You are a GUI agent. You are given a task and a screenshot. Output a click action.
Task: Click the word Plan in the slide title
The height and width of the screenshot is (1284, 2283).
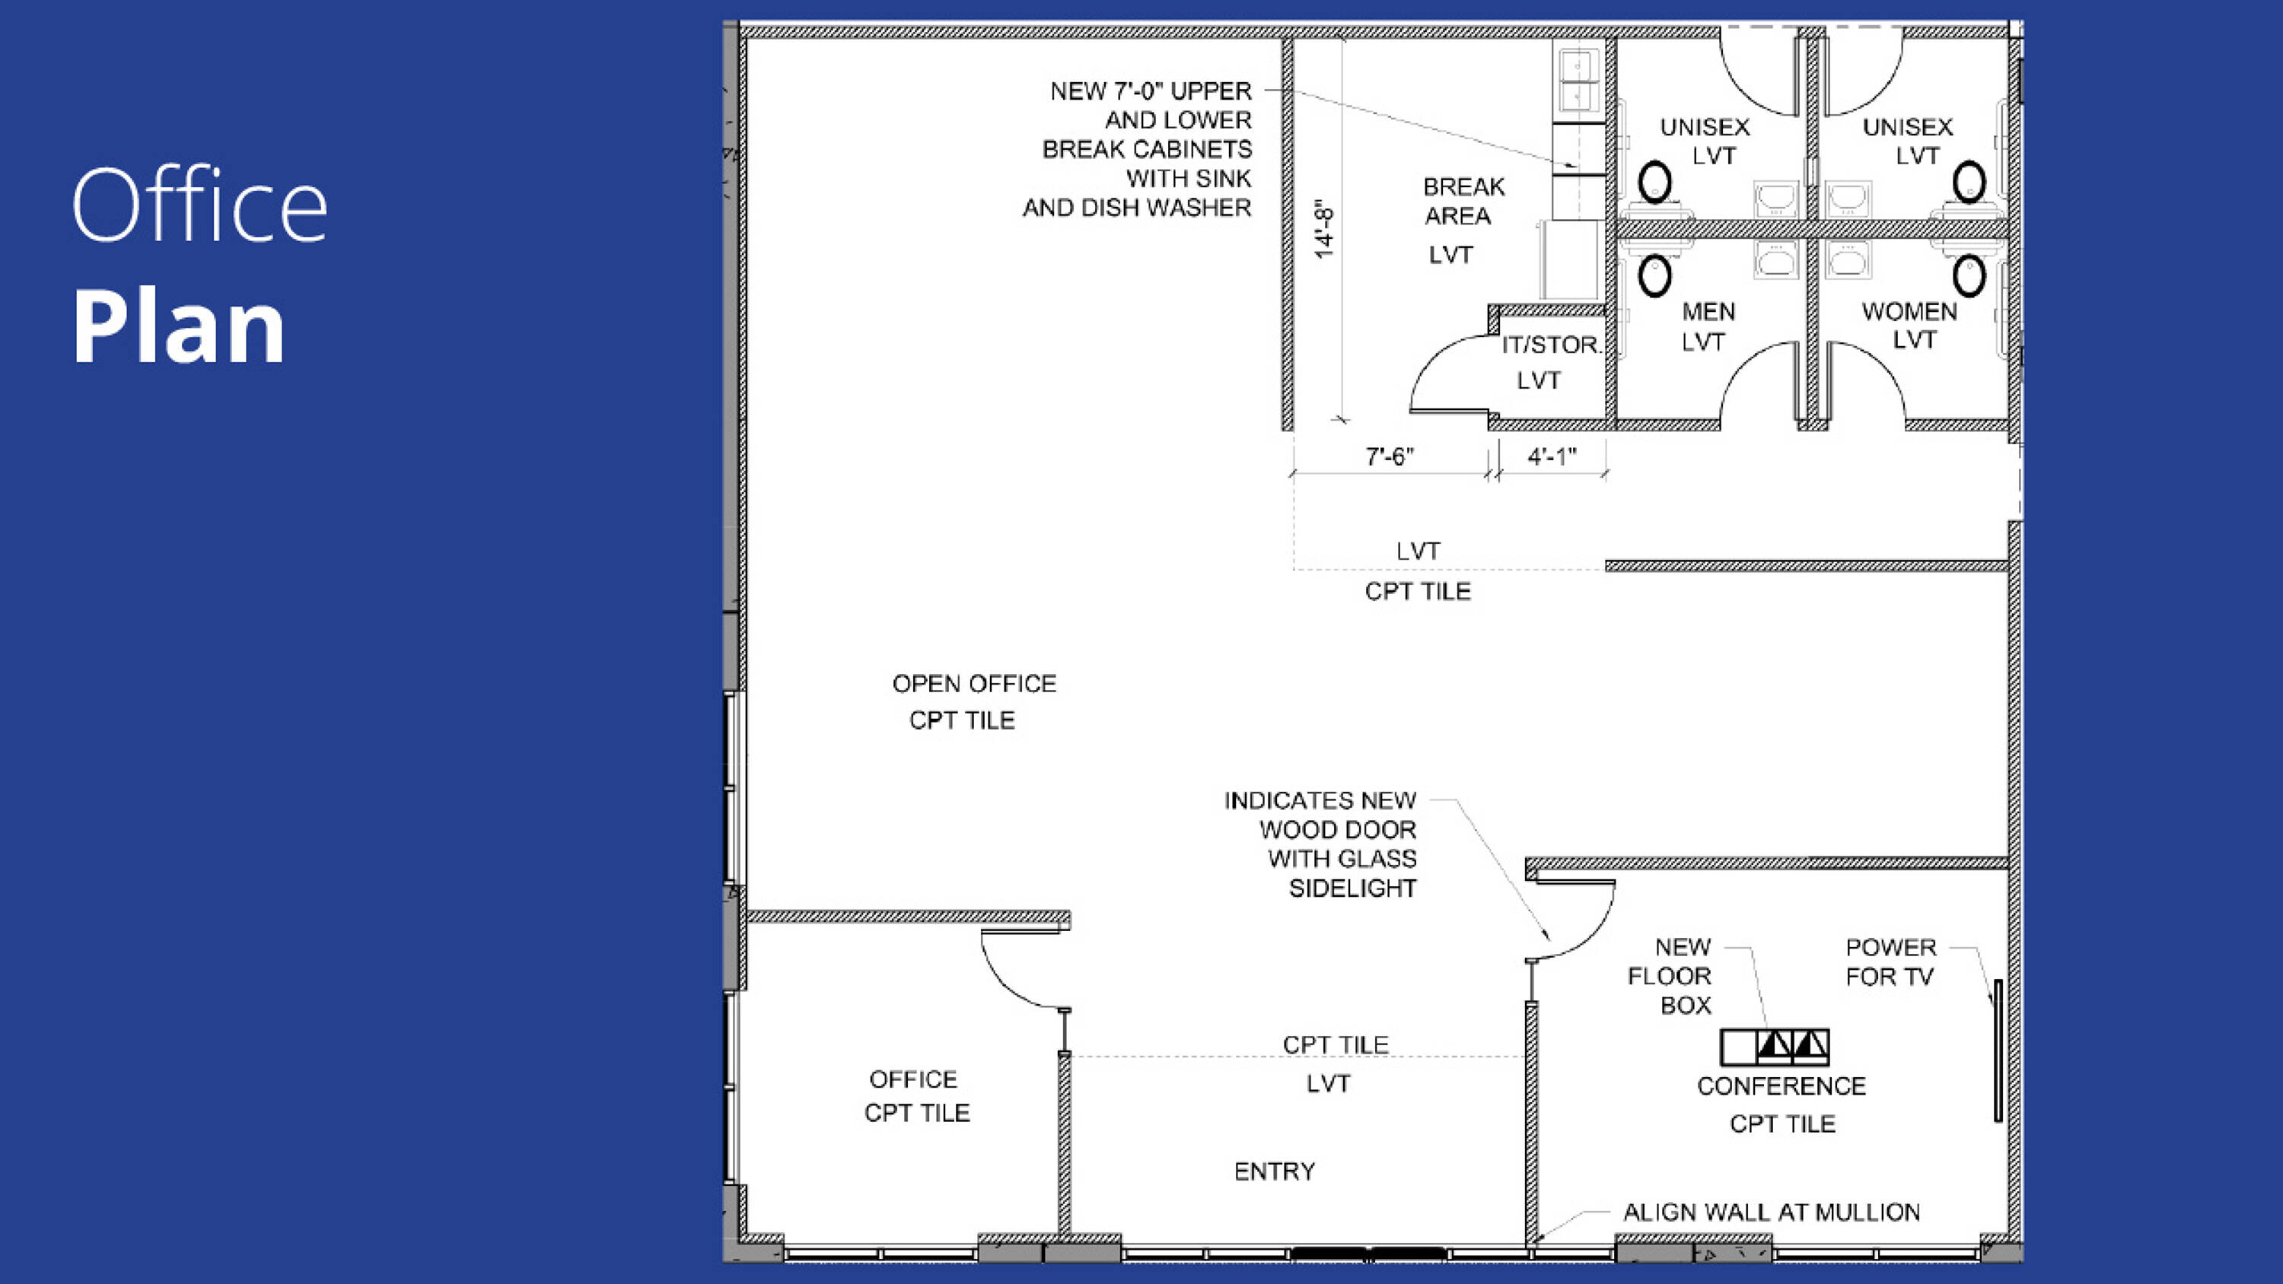pos(179,327)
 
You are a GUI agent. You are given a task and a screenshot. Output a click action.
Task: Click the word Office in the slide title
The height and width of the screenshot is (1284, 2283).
pos(199,205)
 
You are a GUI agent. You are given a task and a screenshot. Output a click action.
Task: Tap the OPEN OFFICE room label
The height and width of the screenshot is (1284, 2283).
pos(974,684)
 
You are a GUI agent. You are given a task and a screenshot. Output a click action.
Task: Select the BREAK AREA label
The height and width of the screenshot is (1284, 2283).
pos(1463,201)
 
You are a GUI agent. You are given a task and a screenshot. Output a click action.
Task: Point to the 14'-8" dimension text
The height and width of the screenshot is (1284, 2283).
pos(1323,230)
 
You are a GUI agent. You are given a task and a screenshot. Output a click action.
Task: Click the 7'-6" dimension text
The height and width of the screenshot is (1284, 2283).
pos(1389,456)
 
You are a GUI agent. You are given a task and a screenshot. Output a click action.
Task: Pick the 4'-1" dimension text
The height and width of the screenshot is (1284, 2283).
pos(1552,456)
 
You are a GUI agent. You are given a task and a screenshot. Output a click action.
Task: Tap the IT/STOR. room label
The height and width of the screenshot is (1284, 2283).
pos(1551,345)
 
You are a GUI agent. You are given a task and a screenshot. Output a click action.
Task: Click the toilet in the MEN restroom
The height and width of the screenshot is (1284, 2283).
pos(1654,275)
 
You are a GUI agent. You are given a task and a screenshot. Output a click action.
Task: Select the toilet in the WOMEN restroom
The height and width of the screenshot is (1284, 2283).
pos(1969,275)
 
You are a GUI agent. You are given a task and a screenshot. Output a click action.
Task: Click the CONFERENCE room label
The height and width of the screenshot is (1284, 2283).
pos(1782,1086)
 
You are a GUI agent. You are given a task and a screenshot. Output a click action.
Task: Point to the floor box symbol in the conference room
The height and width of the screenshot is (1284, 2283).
pos(1775,1047)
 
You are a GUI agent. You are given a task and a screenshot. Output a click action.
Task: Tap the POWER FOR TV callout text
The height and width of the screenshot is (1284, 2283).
pos(1890,962)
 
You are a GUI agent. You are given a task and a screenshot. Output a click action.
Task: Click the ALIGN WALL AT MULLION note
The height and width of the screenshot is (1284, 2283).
pos(1772,1212)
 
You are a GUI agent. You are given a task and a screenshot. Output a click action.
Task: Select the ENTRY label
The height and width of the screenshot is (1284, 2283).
pos(1275,1171)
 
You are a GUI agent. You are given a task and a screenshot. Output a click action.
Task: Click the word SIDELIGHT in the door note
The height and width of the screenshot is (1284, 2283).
pos(1352,888)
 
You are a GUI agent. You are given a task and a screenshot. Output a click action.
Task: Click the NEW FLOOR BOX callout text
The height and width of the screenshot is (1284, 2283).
pos(1670,977)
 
